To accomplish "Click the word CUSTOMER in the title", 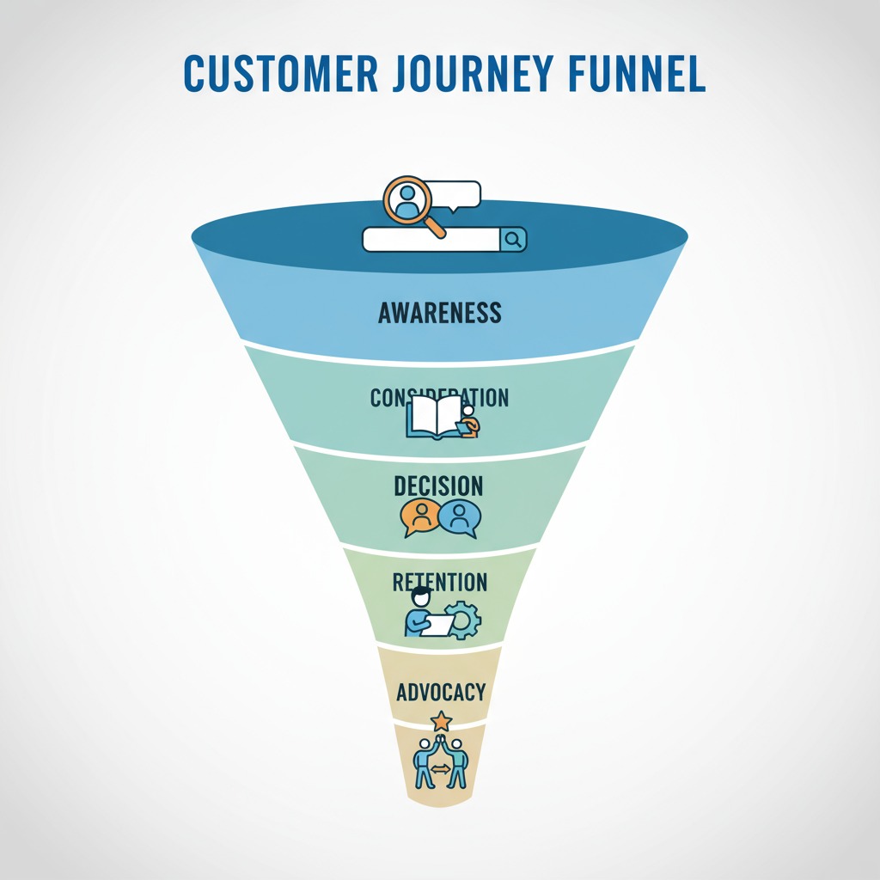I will pos(279,76).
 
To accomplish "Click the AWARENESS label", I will pos(439,312).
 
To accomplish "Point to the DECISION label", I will pos(438,486).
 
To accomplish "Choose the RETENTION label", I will pos(439,582).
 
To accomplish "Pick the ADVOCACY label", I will pos(441,692).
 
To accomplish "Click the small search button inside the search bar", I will pos(513,240).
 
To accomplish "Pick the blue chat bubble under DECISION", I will pos(460,517).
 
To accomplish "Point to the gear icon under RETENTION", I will pos(464,619).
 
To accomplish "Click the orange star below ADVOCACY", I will pos(441,720).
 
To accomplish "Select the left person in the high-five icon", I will pos(424,760).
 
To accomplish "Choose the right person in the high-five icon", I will pos(458,760).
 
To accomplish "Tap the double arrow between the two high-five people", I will pos(441,770).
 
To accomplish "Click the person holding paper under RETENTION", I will pos(421,613).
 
